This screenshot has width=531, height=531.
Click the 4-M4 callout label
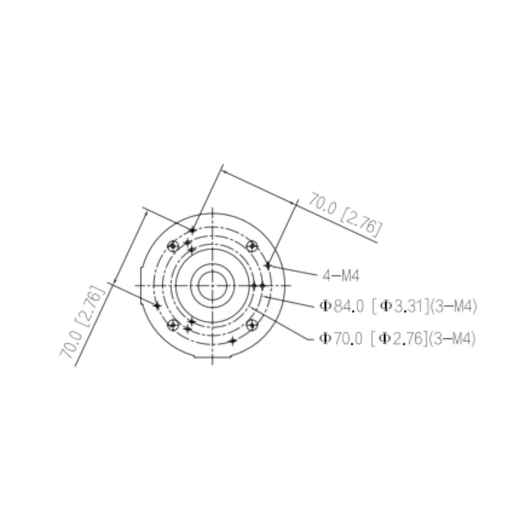(x=341, y=276)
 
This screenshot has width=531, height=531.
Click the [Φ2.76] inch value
(x=398, y=339)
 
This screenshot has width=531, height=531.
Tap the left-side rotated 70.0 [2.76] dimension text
(x=83, y=323)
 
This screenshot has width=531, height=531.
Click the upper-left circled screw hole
(x=173, y=246)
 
